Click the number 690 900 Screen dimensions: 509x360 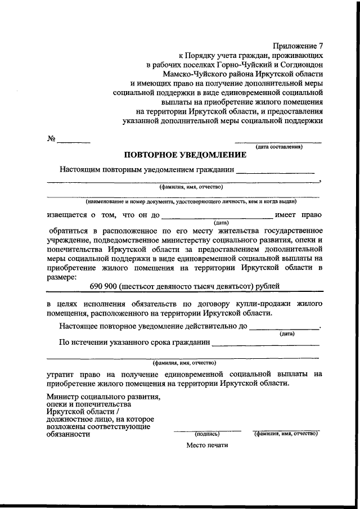pos(103,286)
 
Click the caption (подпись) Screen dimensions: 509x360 pos(207,434)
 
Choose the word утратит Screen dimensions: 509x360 pos(61,373)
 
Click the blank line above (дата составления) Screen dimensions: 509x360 pos(278,142)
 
